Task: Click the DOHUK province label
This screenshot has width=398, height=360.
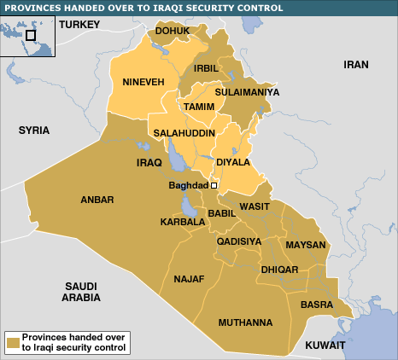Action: pyautogui.click(x=173, y=33)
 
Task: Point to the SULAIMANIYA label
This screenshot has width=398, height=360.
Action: pyautogui.click(x=247, y=92)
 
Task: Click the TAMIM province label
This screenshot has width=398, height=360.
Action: pyautogui.click(x=198, y=107)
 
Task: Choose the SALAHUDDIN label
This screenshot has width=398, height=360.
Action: pyautogui.click(x=184, y=134)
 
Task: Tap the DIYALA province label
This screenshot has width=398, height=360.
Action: pyautogui.click(x=233, y=161)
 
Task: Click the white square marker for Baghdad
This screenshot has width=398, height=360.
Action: pyautogui.click(x=214, y=185)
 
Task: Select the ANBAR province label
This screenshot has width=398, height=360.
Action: pyautogui.click(x=97, y=200)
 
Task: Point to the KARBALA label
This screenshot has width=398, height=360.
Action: pyautogui.click(x=182, y=222)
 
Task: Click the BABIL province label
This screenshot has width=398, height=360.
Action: pyautogui.click(x=222, y=214)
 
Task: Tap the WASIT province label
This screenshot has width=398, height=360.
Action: pyautogui.click(x=255, y=206)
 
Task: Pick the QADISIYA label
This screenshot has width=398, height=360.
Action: pyautogui.click(x=239, y=241)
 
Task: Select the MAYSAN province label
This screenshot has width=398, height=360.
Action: pyautogui.click(x=305, y=245)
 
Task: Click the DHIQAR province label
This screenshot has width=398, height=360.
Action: pyautogui.click(x=280, y=270)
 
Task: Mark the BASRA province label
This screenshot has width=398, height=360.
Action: pyautogui.click(x=318, y=304)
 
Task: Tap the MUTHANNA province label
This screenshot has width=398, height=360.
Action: pyautogui.click(x=245, y=322)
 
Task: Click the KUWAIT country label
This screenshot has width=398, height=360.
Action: pyautogui.click(x=325, y=345)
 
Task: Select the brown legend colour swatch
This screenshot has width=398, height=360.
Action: pyautogui.click(x=13, y=343)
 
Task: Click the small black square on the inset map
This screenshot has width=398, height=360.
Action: pyautogui.click(x=31, y=35)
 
